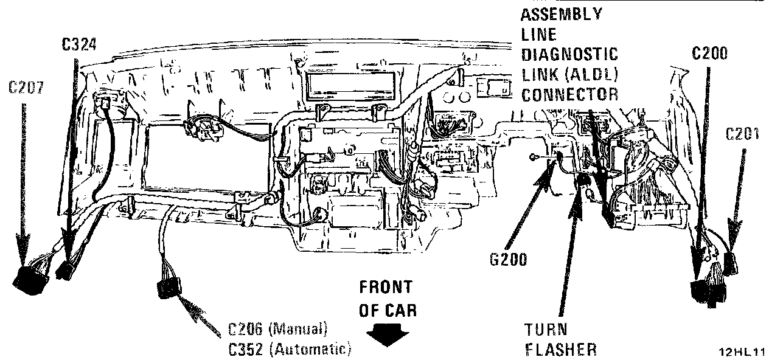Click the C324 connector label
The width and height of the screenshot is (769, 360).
(x=79, y=44)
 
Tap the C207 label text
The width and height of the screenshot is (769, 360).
(x=25, y=87)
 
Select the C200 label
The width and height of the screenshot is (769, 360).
(x=709, y=54)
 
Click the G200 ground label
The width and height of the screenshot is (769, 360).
(x=508, y=260)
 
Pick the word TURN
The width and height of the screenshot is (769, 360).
(x=545, y=330)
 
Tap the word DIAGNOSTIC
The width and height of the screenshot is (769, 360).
(x=569, y=54)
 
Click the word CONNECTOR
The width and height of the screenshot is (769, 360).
(x=569, y=94)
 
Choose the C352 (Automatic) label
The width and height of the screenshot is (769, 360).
(x=290, y=348)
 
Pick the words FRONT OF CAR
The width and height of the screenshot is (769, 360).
(x=385, y=298)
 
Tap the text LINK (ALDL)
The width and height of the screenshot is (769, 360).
(x=569, y=74)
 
